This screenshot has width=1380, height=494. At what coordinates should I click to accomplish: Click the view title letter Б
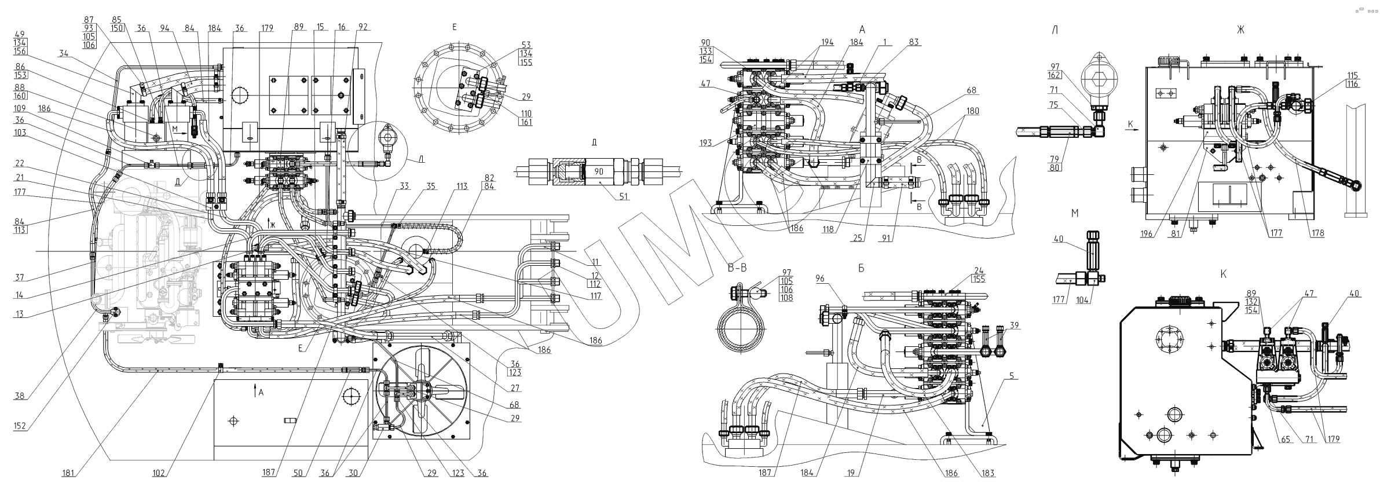[x=862, y=269]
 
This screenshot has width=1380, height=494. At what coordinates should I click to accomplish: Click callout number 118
[x=829, y=229]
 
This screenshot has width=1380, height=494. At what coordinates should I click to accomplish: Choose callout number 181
[x=69, y=473]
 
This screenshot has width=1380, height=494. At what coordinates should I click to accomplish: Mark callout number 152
[x=20, y=426]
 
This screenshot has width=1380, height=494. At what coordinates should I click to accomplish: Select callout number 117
[x=595, y=296]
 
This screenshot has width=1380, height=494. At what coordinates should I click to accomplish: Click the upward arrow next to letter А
[x=254, y=391]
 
